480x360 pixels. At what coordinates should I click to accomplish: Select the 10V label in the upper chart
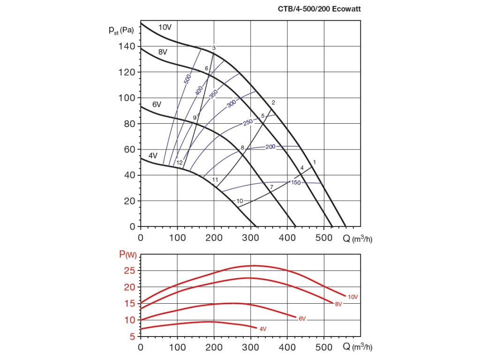[165, 27]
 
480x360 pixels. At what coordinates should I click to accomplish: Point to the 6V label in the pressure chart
[156, 105]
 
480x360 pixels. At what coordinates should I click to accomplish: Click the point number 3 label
[214, 48]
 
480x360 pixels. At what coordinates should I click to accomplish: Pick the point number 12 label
[179, 163]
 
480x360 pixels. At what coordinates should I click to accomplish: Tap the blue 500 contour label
[187, 80]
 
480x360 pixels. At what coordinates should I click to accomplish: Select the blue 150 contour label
[295, 182]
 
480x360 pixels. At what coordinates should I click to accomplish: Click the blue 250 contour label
[248, 122]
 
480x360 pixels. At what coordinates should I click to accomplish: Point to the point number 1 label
[315, 162]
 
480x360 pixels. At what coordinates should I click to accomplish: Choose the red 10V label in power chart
[353, 297]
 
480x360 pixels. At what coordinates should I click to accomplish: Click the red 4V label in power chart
[263, 329]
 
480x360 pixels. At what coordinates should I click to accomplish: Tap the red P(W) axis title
[127, 255]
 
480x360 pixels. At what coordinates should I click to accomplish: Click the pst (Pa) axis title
[121, 30]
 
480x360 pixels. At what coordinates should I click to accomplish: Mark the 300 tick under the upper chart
[250, 238]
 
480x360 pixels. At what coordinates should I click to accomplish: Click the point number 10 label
[240, 201]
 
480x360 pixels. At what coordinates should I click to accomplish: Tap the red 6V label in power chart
[302, 319]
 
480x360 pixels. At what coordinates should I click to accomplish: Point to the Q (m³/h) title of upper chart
[357, 239]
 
